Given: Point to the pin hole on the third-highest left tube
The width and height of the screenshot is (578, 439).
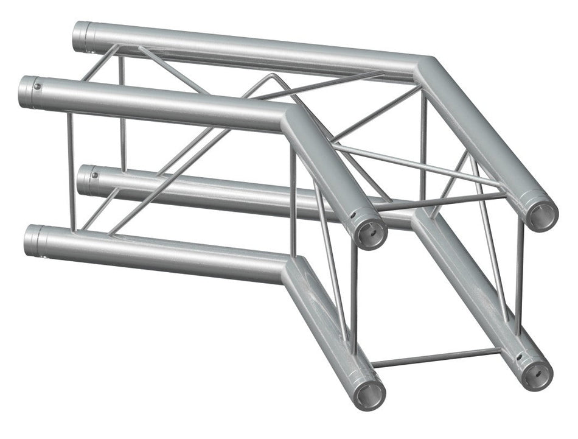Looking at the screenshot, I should [x=95, y=176].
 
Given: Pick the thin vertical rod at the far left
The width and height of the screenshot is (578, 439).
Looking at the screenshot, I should [x=70, y=170].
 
